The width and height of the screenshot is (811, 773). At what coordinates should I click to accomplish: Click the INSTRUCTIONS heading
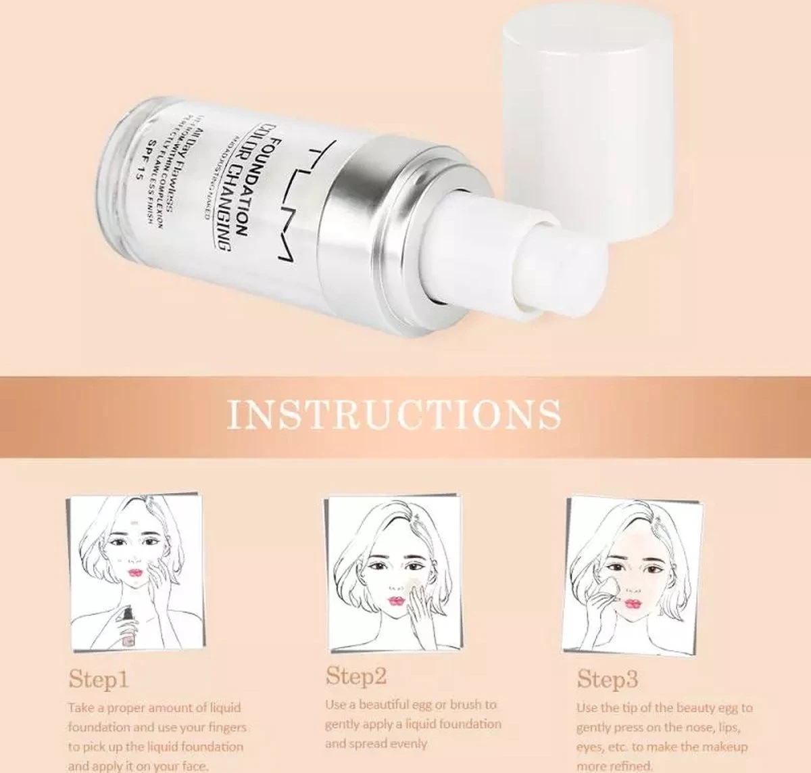[x=395, y=414]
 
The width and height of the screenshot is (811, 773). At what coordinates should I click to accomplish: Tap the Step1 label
[x=99, y=679]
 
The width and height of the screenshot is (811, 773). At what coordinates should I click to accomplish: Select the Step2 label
[x=356, y=675]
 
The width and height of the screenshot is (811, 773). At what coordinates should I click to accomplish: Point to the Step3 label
[x=607, y=679]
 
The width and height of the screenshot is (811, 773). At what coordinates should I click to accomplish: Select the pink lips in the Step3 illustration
[x=633, y=603]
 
